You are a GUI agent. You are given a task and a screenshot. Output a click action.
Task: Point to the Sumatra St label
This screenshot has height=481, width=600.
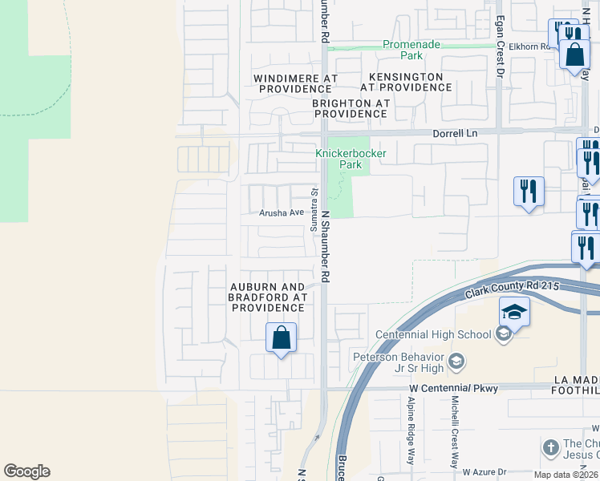[x=314, y=208]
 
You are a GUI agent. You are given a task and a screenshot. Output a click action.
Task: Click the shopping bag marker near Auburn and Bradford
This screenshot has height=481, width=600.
[x=281, y=338]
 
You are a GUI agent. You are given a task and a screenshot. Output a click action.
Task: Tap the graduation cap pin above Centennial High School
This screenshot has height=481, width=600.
[x=514, y=312]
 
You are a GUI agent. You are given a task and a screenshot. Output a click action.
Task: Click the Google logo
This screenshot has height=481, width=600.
[x=26, y=471]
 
